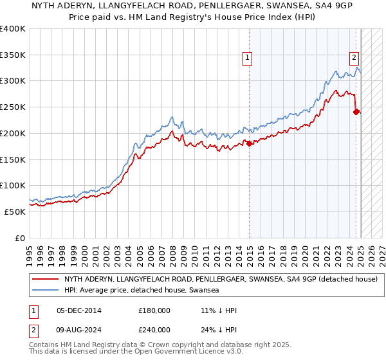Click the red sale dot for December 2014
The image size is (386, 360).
(x=249, y=143)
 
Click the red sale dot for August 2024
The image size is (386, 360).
(x=356, y=112)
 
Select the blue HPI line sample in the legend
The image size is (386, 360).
(x=46, y=290)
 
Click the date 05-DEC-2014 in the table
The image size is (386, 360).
(x=79, y=310)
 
